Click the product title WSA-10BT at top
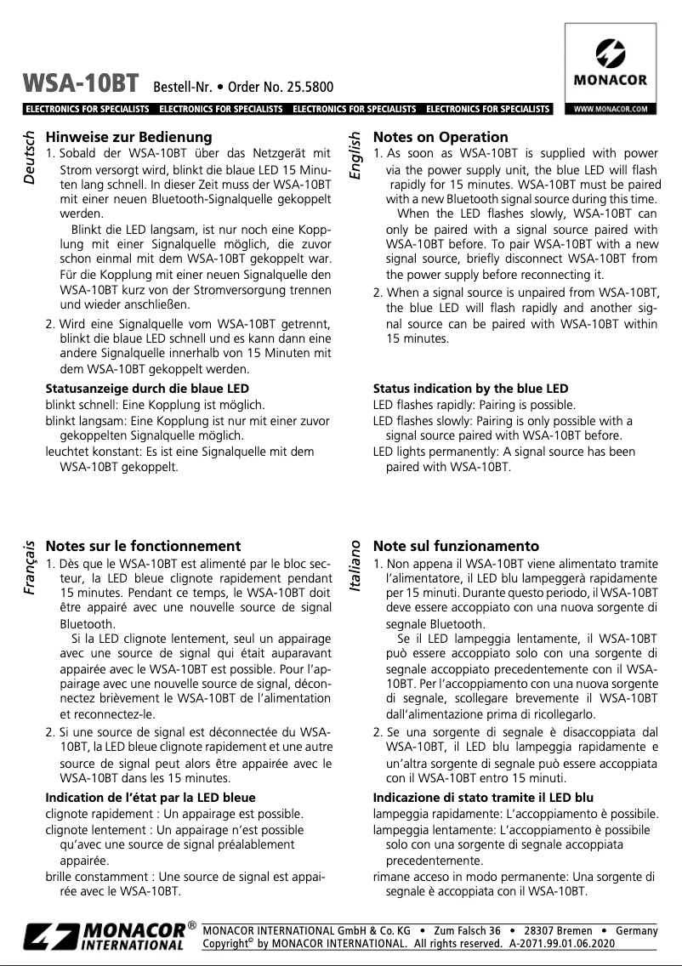[82, 83]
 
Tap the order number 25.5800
[309, 87]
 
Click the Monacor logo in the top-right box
[610, 65]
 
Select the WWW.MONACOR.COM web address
[611, 109]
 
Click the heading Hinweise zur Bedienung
[128, 137]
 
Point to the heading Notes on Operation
[440, 137]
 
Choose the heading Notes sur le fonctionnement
[143, 546]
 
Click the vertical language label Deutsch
[31, 158]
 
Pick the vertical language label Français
[31, 567]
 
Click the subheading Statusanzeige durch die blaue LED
[140, 389]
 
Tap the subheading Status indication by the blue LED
[470, 389]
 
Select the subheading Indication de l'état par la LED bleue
[150, 798]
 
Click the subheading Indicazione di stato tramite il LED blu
[483, 798]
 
